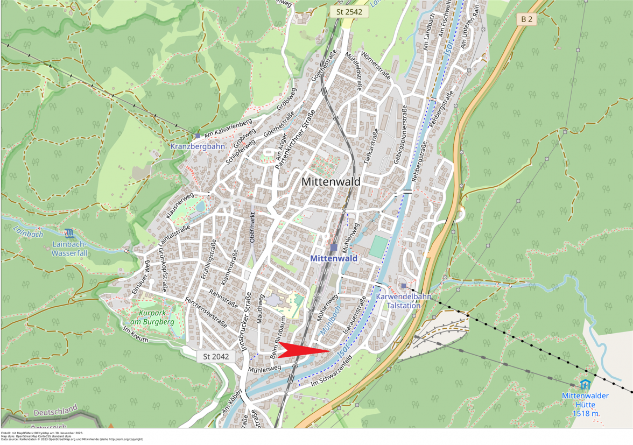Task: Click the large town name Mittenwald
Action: (330, 182)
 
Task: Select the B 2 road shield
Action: (526, 19)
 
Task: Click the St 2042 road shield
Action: (216, 356)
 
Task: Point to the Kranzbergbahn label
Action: (198, 146)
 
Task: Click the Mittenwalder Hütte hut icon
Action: (585, 384)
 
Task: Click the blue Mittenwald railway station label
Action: (334, 259)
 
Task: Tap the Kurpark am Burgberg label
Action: (149, 317)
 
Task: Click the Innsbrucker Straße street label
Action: (246, 322)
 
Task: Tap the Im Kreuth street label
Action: (136, 334)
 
